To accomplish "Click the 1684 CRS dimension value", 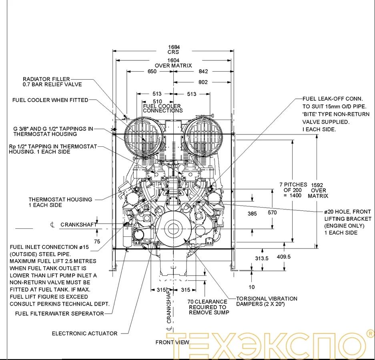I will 173,47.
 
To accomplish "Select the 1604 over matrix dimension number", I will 173,60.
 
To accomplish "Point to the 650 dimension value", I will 152,72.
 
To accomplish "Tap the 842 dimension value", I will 203,72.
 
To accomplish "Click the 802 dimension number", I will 203,82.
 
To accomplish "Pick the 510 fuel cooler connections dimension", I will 158,102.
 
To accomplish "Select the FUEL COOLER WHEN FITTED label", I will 50,100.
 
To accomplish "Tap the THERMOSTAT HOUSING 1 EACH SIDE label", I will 60,202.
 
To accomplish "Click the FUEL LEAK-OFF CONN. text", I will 333,99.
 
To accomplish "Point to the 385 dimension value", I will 252,214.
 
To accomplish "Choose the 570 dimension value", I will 272,213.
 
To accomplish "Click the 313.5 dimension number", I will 262,258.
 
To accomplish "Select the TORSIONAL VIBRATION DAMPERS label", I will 267,301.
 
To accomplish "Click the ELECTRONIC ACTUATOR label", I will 84,333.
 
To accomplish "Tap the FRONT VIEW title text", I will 172,342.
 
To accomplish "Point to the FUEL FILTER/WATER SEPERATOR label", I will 59,314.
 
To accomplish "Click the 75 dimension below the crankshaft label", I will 97,242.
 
